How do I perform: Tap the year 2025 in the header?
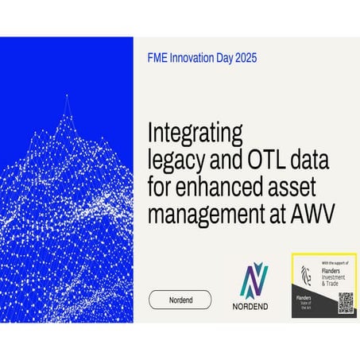(242, 58)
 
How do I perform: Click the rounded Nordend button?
(180, 300)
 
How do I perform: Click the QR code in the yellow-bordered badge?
(344, 303)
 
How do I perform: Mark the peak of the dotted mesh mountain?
(67, 95)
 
